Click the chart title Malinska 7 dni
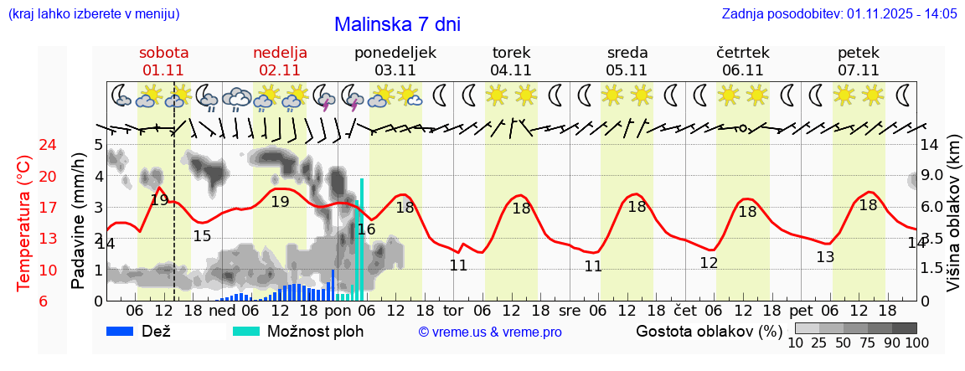click(397, 25)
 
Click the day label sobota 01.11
click(163, 61)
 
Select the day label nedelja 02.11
click(280, 61)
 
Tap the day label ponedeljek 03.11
click(395, 61)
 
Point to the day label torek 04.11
click(511, 61)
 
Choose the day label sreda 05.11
click(627, 61)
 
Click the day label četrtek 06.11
click(743, 61)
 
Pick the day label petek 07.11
click(859, 61)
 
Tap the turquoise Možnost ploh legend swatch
click(246, 331)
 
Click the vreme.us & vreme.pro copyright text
click(490, 332)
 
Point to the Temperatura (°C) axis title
click(23, 222)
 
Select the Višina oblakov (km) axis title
click(953, 222)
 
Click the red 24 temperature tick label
click(25, 145)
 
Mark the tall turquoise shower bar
click(362, 239)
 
